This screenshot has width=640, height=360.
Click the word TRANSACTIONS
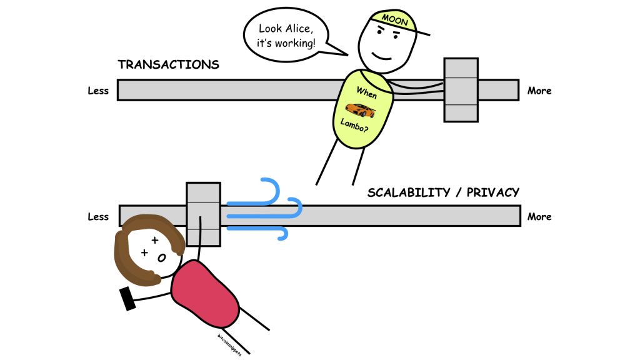(169, 64)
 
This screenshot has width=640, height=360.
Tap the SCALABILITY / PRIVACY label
(443, 192)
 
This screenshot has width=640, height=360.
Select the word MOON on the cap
(395, 19)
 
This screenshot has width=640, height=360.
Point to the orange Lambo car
(360, 110)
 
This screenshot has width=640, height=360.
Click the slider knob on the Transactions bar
(461, 90)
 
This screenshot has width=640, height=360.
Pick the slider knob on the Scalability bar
(203, 214)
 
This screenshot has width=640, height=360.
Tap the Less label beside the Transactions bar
(98, 91)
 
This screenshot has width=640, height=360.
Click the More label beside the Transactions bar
(539, 91)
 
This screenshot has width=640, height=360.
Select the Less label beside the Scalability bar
(98, 217)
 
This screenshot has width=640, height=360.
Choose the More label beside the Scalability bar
(539, 217)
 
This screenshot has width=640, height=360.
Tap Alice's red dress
(205, 294)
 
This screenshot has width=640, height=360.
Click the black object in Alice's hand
(127, 298)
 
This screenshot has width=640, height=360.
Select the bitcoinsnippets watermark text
(229, 345)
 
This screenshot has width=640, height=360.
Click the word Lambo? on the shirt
(354, 125)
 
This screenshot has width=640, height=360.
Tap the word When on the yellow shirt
(366, 92)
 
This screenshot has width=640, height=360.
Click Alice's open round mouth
(162, 258)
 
